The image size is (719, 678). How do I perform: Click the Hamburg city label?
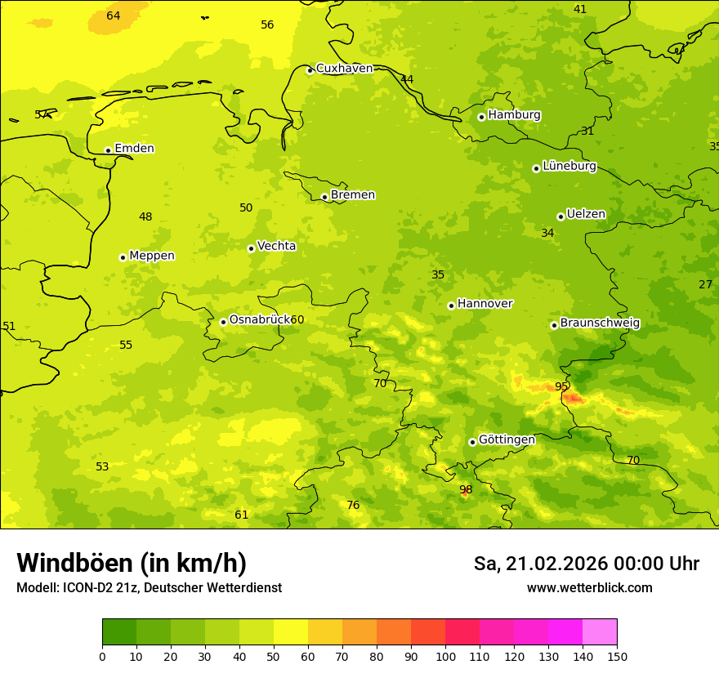coord(514,115)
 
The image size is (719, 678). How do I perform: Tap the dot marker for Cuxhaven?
coord(310,70)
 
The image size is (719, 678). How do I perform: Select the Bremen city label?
coord(352,195)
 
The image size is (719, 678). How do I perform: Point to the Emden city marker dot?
coord(108,150)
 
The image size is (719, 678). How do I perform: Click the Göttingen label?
coord(507,440)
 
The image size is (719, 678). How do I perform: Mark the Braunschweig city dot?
coord(554,325)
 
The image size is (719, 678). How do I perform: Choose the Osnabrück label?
coord(259,320)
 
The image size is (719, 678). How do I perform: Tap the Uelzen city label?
coord(586,215)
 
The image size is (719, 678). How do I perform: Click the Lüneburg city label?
coord(569,167)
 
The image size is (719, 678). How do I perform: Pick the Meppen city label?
coord(151,256)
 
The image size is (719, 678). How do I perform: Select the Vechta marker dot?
coord(251,248)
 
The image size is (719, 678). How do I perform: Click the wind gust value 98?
coord(466,490)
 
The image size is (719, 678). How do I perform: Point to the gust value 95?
coord(561,386)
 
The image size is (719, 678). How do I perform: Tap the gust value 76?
coord(353,506)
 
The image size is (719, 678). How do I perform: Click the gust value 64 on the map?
coord(114,16)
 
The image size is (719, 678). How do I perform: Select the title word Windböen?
coord(74,564)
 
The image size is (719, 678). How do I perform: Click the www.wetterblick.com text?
coord(589,588)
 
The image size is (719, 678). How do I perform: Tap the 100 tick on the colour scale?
coord(445,656)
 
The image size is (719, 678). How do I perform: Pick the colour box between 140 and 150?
coord(600,632)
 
